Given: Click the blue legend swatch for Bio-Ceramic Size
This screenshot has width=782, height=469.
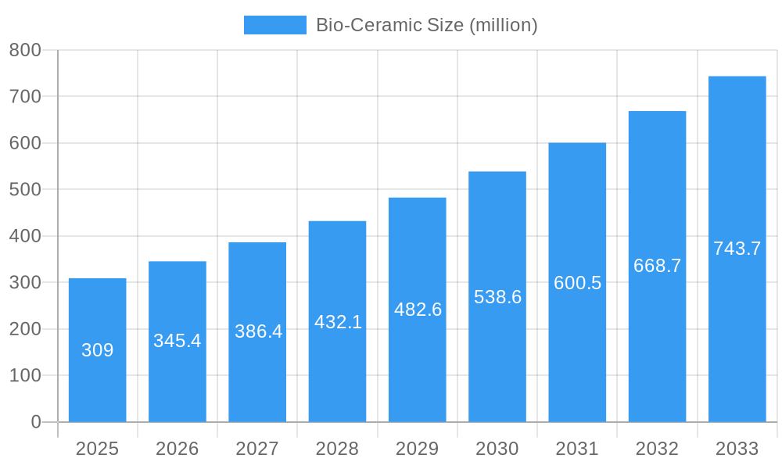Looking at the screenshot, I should (274, 25).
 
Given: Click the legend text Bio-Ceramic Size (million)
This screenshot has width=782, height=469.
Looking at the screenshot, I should (426, 25).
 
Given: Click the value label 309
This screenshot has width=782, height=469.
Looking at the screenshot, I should (98, 350).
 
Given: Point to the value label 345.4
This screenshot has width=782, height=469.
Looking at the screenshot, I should (178, 341).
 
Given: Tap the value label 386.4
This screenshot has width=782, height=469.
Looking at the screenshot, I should (258, 331).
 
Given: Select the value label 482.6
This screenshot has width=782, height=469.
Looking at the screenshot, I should (418, 310).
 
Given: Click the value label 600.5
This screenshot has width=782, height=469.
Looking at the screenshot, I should (577, 283).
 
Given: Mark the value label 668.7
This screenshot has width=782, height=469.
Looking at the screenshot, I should (657, 266).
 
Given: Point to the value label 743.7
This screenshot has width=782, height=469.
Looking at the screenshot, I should (737, 249).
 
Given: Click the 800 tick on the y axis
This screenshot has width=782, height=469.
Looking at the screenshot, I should (25, 50).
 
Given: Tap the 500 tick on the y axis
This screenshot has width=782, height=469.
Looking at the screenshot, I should (25, 190).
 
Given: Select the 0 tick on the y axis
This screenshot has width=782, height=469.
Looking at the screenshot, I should (35, 422).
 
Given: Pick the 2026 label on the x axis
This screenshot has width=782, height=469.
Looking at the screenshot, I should (178, 449).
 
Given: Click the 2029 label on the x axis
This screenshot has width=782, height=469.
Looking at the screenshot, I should (418, 449).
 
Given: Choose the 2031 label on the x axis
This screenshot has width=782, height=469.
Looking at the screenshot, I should (577, 449).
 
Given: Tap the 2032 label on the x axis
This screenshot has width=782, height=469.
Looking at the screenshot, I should (657, 449).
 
